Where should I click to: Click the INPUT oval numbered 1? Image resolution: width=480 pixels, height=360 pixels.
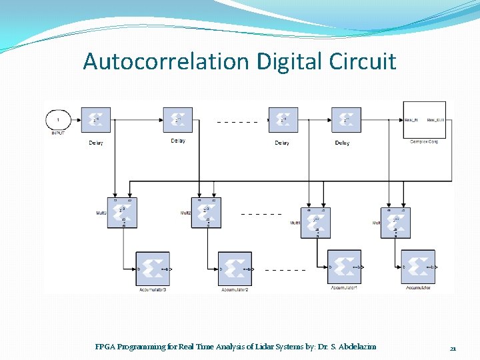point(59,120)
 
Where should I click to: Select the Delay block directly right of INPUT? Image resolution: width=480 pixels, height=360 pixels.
point(96,121)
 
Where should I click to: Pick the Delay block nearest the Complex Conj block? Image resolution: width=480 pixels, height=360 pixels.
point(346,121)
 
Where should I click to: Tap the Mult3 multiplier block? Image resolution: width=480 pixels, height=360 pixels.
point(123,213)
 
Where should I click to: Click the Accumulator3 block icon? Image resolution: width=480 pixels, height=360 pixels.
point(153,269)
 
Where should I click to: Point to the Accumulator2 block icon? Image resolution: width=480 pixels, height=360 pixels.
point(235,269)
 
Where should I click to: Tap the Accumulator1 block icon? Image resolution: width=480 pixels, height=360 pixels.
point(344,267)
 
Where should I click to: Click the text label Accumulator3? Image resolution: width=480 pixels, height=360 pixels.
point(153,290)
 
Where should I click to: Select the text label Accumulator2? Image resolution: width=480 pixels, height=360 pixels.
point(235,290)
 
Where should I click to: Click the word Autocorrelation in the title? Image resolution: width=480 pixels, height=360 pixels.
point(165,61)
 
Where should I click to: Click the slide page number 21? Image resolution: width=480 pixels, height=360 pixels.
point(453,348)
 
